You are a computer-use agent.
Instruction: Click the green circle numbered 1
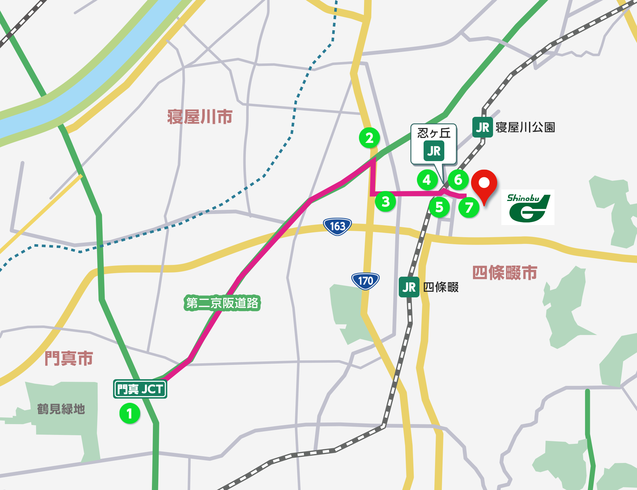tap(130, 413)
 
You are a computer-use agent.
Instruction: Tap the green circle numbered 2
tap(369, 138)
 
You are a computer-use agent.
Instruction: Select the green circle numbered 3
tap(385, 201)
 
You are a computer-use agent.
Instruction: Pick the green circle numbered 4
tap(427, 180)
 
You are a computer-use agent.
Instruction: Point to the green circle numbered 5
tap(439, 207)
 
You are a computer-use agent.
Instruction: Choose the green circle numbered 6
tap(458, 180)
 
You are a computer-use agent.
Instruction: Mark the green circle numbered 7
tap(469, 208)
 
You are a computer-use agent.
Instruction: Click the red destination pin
tap(484, 184)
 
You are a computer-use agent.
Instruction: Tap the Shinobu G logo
tap(528, 207)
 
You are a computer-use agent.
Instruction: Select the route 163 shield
tap(337, 226)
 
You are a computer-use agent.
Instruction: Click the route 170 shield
tap(365, 281)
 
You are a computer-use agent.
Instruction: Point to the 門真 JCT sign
tap(140, 389)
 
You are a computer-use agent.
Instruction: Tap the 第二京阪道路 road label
tap(222, 303)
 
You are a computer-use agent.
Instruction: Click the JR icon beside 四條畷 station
tap(409, 287)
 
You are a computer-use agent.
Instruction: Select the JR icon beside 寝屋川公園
tap(483, 127)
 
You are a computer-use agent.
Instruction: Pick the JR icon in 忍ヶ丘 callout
tap(433, 151)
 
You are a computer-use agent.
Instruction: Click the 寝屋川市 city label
tap(200, 117)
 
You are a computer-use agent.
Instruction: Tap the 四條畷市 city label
tap(505, 273)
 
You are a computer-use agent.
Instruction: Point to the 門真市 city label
tap(69, 358)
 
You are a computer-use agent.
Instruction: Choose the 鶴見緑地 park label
tap(61, 409)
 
